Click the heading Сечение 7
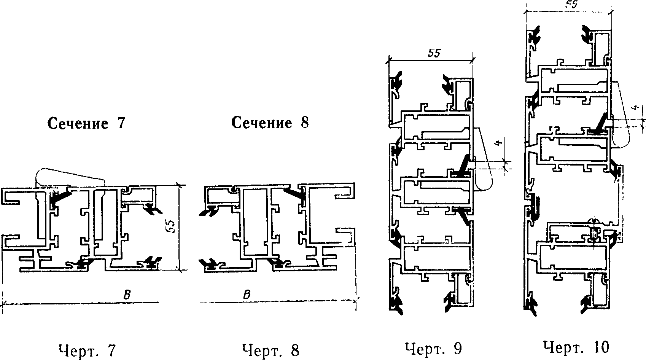(86, 123)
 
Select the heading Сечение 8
(270, 122)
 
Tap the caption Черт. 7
(87, 350)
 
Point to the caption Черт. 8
(271, 350)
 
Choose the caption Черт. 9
(433, 349)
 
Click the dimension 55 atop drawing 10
(571, 4)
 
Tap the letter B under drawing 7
(127, 295)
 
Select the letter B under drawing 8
(247, 295)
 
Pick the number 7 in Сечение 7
(121, 123)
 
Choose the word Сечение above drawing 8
(262, 122)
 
